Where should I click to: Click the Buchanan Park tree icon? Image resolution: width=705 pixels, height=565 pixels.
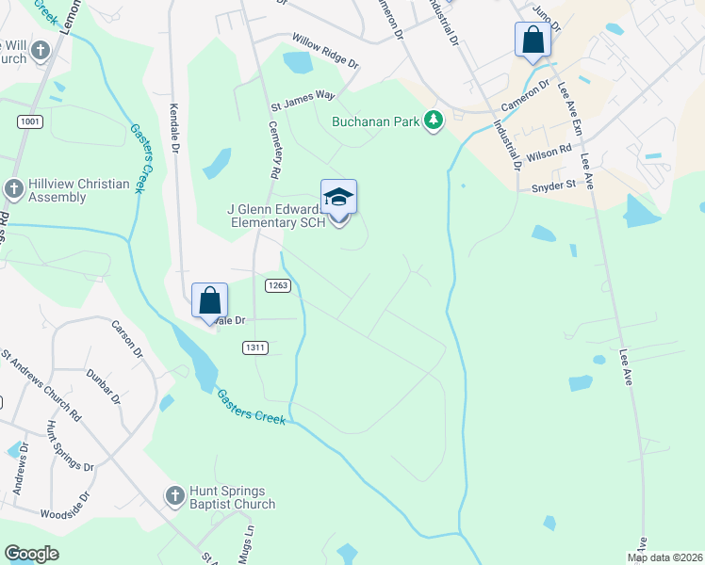(434, 121)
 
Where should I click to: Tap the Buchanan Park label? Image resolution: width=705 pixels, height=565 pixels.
(376, 121)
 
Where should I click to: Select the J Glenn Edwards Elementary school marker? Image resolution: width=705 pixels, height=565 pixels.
(338, 197)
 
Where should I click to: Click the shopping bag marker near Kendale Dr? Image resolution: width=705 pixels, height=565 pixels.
(209, 301)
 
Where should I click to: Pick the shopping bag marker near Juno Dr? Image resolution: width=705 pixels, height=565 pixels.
(533, 40)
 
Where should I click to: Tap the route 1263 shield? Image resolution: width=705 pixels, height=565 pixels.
(277, 285)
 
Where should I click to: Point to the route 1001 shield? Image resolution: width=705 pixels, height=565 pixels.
(29, 121)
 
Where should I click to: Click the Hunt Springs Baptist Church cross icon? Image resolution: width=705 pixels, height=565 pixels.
(173, 494)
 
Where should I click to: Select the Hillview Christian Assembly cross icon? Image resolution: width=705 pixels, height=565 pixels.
(13, 188)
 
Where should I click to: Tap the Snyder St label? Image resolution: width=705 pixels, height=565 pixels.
(554, 186)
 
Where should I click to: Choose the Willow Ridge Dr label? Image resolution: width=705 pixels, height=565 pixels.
(325, 52)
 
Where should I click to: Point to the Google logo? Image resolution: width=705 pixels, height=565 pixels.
(31, 554)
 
